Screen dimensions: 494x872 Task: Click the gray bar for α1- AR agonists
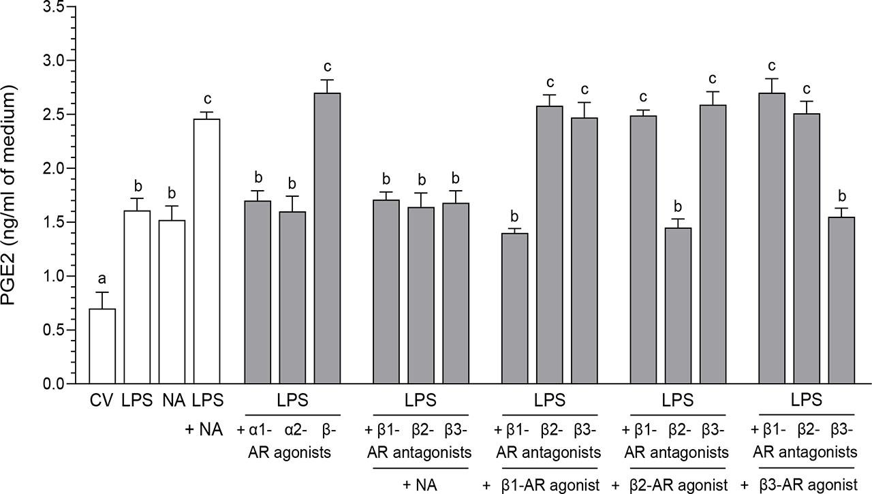tap(258, 292)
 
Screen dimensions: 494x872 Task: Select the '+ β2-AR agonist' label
tap(670, 485)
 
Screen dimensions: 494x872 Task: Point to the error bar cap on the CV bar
tap(102, 292)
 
